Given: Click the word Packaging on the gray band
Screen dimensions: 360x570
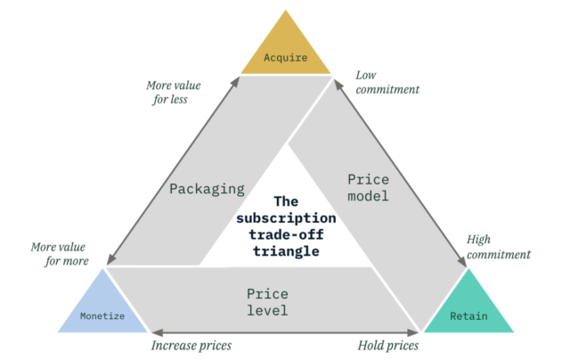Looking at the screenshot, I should coord(207,189).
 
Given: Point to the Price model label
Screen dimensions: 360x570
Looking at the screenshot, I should coord(367,187).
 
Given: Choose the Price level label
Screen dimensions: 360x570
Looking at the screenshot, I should coord(267,300).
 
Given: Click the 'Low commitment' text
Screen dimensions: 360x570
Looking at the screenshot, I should coord(387,82).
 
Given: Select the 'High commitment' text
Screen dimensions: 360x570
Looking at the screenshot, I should coord(499,247).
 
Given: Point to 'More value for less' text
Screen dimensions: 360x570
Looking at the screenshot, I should coord(174,94).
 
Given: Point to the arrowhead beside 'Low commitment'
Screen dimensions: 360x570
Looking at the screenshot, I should coord(337,82).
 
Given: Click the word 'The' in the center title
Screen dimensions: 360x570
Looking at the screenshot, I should coord(286,201).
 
